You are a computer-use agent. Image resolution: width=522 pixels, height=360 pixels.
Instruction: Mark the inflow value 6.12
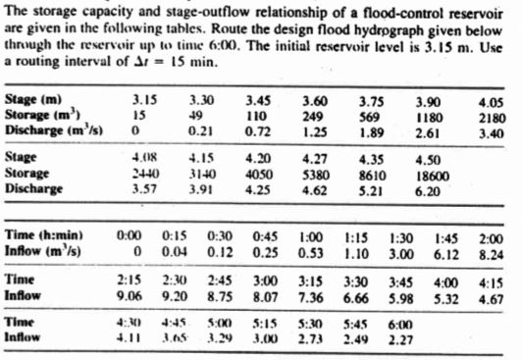tap(445, 251)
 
